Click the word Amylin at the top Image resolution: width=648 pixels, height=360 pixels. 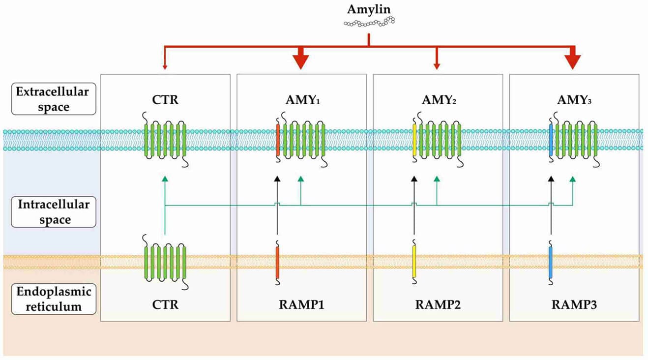(x=369, y=9)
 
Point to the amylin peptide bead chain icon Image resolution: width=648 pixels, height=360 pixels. (x=369, y=21)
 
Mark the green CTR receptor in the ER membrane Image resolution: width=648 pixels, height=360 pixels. (x=165, y=263)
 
